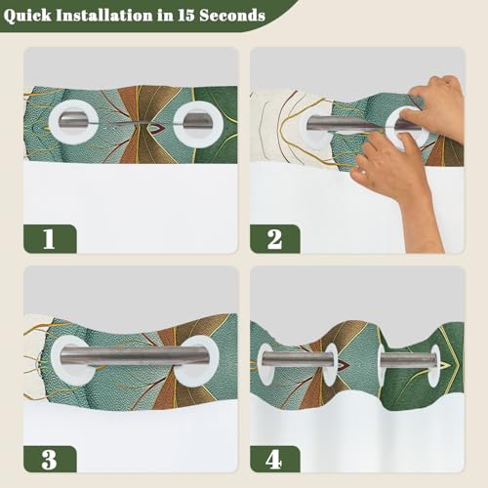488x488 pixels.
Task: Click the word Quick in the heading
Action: (27, 16)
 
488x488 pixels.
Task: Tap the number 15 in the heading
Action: (186, 16)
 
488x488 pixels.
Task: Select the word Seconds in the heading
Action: (232, 16)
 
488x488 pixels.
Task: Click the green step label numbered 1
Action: (50, 239)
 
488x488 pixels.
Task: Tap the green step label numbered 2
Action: (275, 239)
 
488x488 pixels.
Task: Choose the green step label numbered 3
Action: (50, 459)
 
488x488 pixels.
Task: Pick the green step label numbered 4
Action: (275, 459)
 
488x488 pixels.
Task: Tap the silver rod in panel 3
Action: (134, 357)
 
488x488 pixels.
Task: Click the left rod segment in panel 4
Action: (296, 359)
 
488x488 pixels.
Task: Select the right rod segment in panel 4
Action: (408, 360)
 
